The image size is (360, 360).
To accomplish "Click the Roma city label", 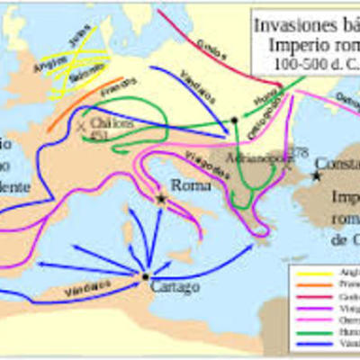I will (x=192, y=185).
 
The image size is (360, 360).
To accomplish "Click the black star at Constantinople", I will (x=316, y=175).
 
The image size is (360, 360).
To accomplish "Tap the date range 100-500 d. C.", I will (x=310, y=65).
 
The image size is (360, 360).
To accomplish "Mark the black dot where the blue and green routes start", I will (x=234, y=120).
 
